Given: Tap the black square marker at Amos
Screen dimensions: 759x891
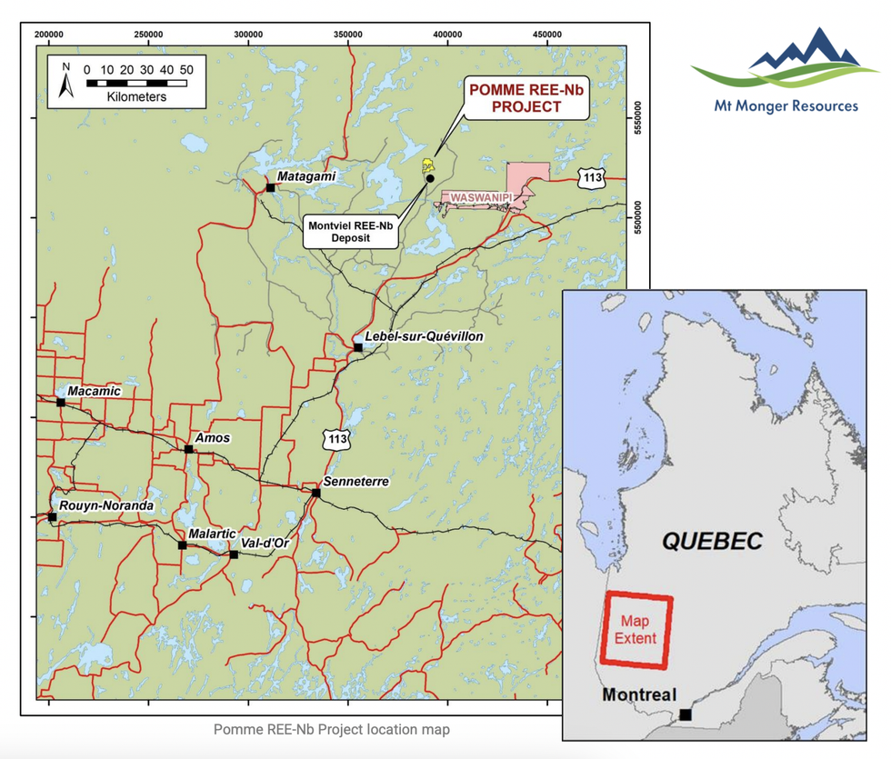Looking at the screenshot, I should pos(189,449).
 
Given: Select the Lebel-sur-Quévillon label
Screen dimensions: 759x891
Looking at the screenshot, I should pos(424,336).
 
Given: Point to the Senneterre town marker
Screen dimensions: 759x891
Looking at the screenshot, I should pos(316,494).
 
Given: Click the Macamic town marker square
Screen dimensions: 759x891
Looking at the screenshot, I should pos(61,402).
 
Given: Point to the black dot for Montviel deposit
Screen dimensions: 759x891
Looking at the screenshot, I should pos(430,178).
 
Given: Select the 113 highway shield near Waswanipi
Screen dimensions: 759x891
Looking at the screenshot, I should pos(592,178).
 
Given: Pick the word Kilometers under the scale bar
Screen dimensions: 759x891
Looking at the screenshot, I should pos(136,96).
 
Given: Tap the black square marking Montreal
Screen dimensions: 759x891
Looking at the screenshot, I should pos(685,714).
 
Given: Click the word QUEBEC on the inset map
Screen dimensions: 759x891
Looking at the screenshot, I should pos(712,542).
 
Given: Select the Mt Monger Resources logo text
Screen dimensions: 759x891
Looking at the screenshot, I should pos(786,106).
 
